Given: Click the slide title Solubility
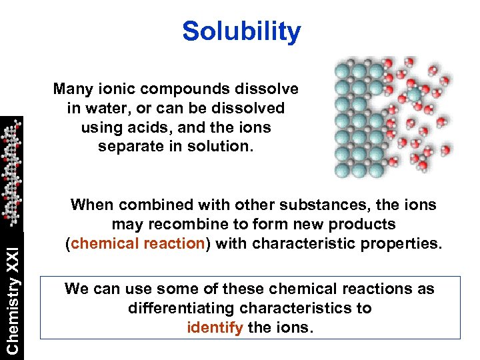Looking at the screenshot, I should [x=241, y=31].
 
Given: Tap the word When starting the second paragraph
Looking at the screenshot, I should [x=91, y=205].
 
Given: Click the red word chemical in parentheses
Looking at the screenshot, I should [x=105, y=243].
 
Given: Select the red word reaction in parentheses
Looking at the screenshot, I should [x=173, y=243].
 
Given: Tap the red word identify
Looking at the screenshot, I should [x=215, y=328].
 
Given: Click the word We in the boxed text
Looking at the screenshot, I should [x=76, y=289].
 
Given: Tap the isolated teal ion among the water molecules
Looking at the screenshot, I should [x=415, y=95].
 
